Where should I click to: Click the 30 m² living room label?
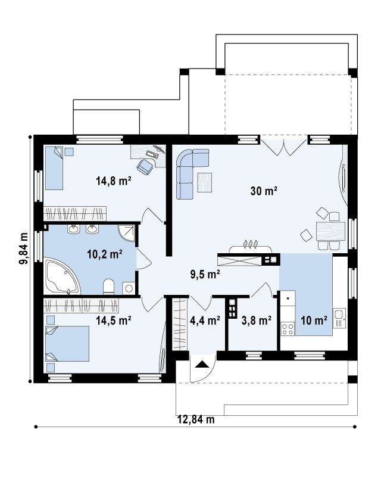tap(264, 191)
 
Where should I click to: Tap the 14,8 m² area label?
tap(114, 181)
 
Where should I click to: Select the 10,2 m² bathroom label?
tap(105, 254)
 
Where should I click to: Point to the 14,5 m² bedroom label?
tap(114, 320)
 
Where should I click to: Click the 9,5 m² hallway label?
tap(205, 274)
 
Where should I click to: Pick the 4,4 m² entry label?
tap(205, 321)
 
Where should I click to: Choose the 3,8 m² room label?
tap(257, 321)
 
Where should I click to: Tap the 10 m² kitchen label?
tap(314, 321)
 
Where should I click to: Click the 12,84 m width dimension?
tap(196, 419)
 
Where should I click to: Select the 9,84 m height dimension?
tap(23, 248)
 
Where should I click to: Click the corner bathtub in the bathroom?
tap(61, 276)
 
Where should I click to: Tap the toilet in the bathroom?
tap(108, 287)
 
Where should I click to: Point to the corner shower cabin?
tap(126, 233)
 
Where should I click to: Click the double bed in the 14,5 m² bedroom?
tap(67, 344)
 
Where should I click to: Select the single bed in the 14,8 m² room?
tap(54, 168)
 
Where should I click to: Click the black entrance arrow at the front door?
tap(201, 364)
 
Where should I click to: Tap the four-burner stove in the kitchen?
tap(288, 329)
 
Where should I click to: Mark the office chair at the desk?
tap(145, 166)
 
